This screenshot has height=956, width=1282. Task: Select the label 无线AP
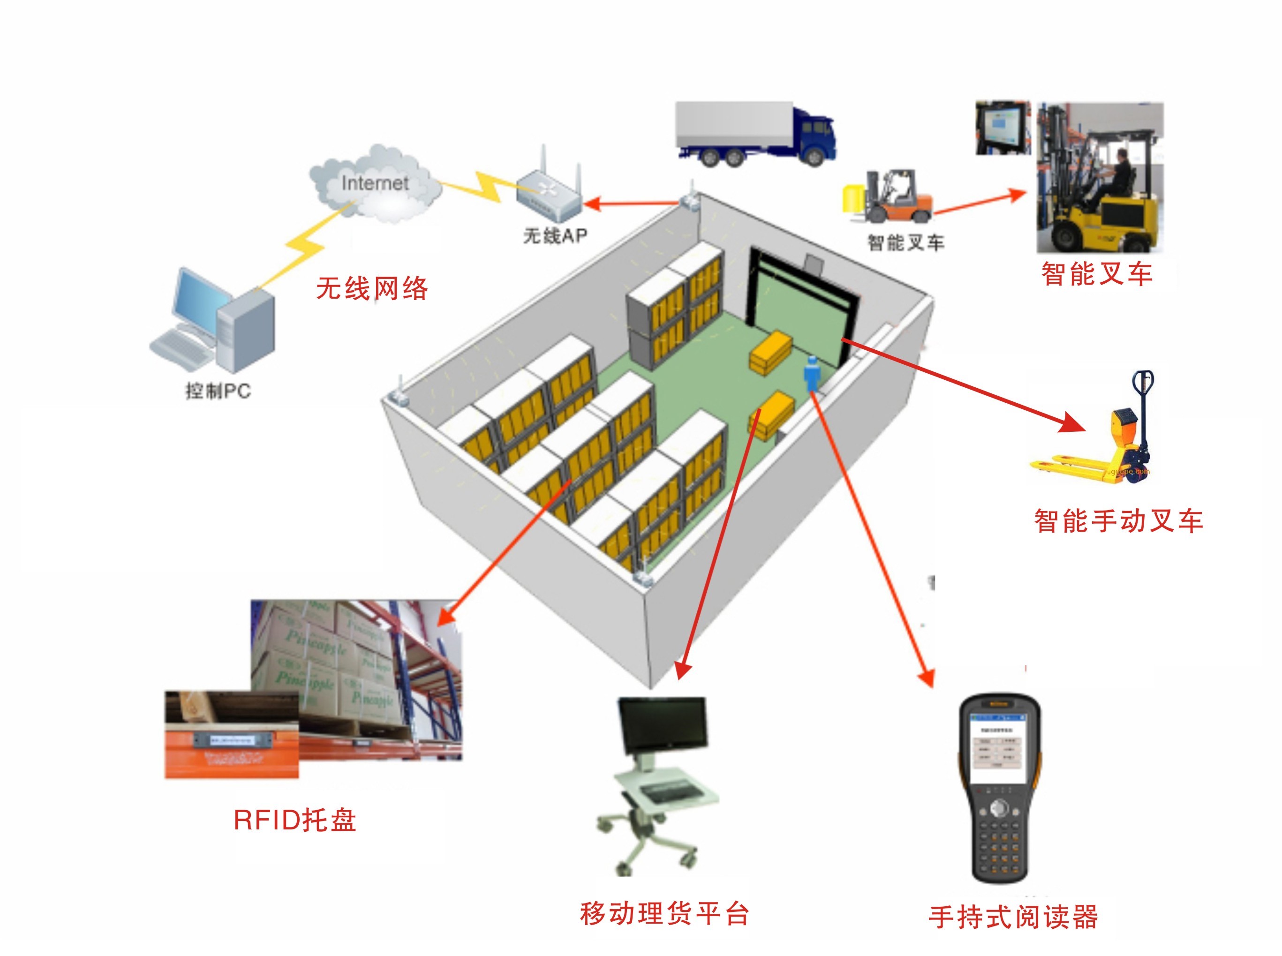coord(554,235)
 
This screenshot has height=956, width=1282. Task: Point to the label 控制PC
coord(218,391)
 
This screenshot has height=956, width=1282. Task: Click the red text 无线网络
coord(371,288)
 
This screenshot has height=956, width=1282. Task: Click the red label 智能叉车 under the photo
coord(1096,274)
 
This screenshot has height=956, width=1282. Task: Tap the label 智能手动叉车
coord(1118,521)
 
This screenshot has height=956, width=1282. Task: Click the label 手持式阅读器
coord(1013,917)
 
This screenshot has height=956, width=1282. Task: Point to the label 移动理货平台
coord(664,914)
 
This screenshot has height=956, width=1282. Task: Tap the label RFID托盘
coord(294,820)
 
